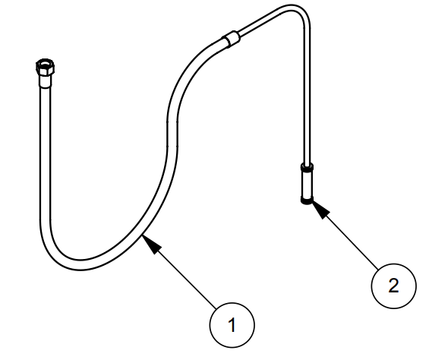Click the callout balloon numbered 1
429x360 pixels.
[232, 325]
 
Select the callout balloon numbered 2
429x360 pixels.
[394, 286]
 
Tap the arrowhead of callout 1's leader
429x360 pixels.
[151, 243]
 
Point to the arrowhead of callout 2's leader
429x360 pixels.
[320, 209]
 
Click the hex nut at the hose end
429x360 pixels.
[45, 67]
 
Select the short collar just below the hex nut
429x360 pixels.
[46, 81]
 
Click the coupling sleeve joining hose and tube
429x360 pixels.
[232, 39]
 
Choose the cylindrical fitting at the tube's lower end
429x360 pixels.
[307, 183]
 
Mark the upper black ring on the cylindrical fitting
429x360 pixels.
[307, 167]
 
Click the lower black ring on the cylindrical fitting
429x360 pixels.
[307, 201]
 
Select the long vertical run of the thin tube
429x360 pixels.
[307, 96]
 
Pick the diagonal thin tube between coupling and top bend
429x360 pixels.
[260, 23]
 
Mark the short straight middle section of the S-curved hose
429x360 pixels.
[172, 134]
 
